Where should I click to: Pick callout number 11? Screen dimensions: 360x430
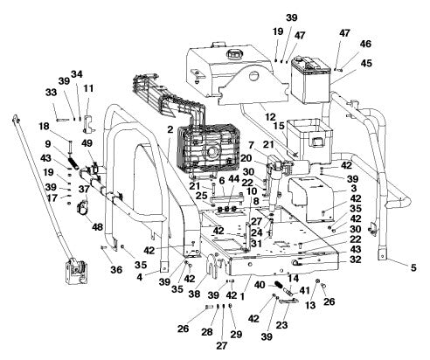pyautogui.click(x=87, y=88)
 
